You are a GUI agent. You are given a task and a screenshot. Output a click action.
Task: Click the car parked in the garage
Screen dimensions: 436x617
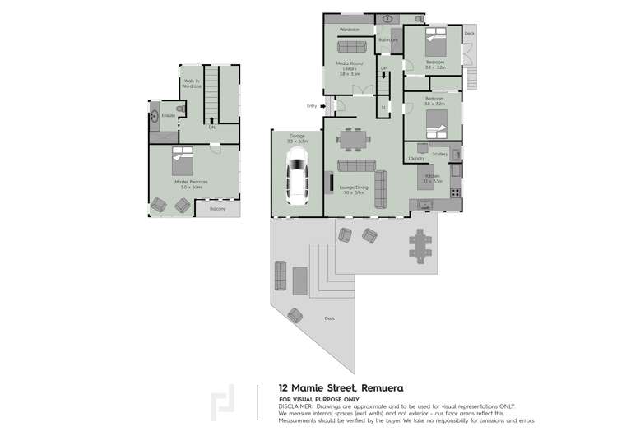pyautogui.click(x=297, y=182)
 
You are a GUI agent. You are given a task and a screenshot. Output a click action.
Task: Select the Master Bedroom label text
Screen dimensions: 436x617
pyautogui.click(x=194, y=182)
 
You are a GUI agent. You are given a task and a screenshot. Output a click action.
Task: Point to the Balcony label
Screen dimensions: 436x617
pyautogui.click(x=217, y=209)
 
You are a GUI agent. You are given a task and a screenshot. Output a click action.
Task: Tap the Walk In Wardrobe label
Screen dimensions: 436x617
pyautogui.click(x=191, y=82)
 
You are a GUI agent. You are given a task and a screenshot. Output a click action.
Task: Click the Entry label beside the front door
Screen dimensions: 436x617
pyautogui.click(x=312, y=105)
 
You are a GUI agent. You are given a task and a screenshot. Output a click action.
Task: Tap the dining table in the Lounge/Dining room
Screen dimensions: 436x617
pyautogui.click(x=355, y=141)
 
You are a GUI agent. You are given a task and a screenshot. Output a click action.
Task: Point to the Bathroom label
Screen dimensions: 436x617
pyautogui.click(x=387, y=39)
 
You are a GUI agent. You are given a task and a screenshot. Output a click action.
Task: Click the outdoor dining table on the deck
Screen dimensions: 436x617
pyautogui.click(x=422, y=244)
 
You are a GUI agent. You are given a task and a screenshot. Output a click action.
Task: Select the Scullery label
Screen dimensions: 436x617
pyautogui.click(x=439, y=154)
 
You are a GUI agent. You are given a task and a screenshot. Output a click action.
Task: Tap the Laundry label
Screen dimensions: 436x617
pyautogui.click(x=416, y=158)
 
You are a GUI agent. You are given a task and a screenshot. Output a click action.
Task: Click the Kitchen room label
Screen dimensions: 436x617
pyautogui.click(x=434, y=178)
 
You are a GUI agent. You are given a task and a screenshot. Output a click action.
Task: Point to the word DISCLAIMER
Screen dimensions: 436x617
pyautogui.click(x=297, y=406)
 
